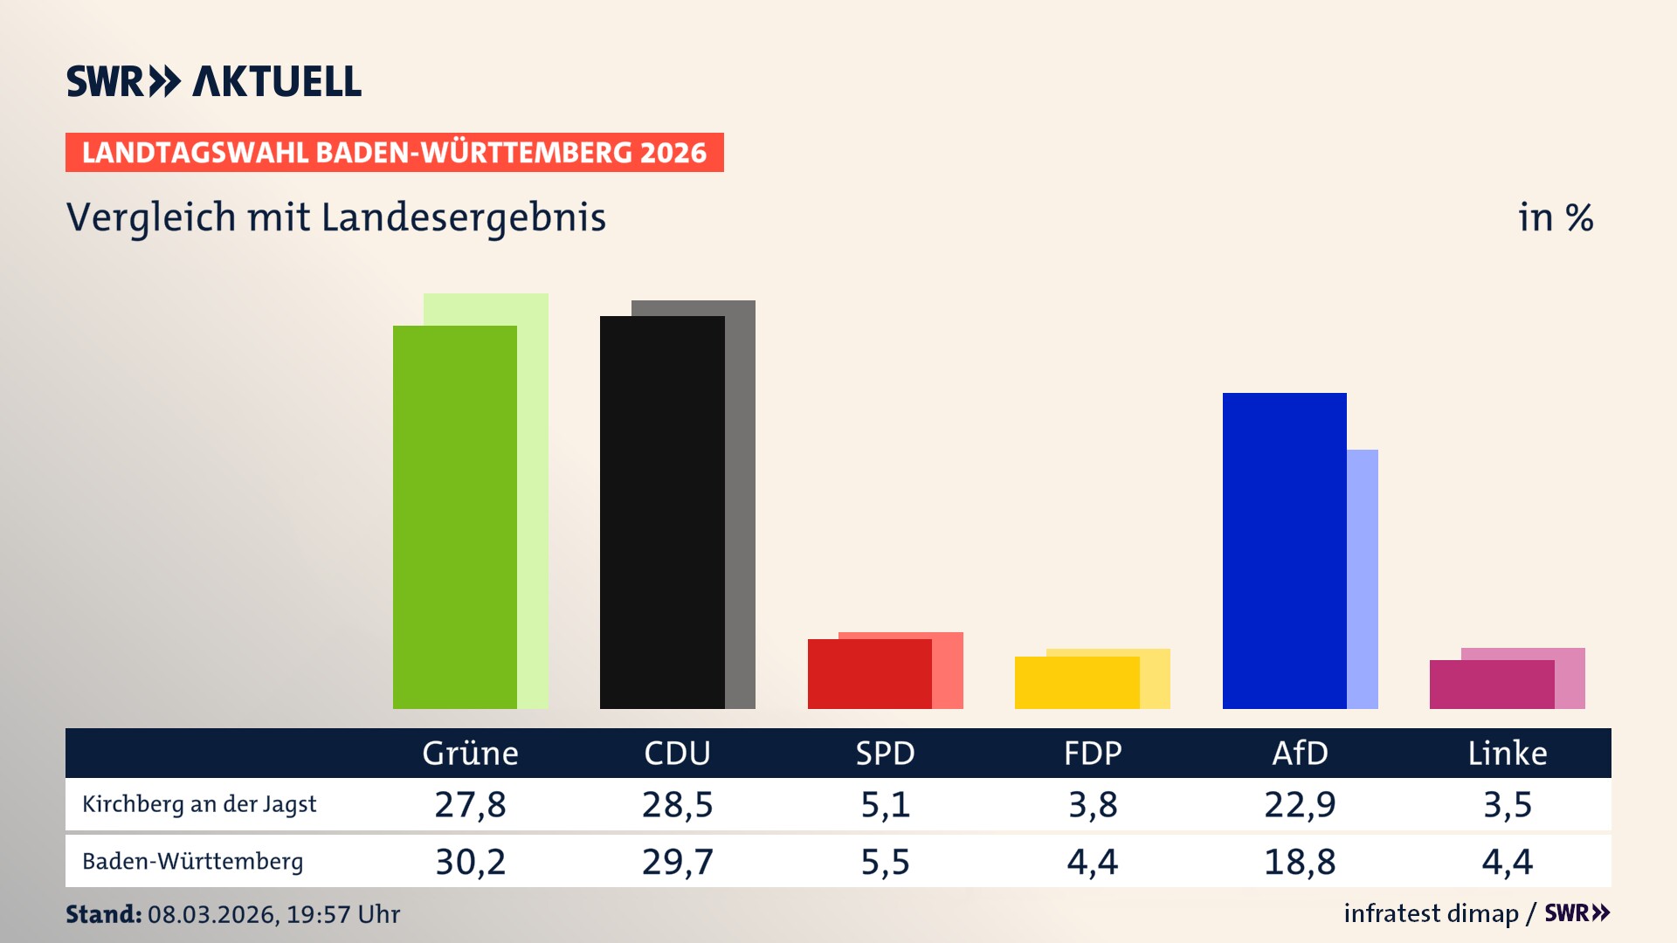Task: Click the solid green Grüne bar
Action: pos(454,517)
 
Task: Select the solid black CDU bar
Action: pos(662,513)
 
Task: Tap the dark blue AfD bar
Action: pos(1284,550)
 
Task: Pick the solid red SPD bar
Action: pos(869,674)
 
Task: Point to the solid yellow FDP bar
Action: pos(1076,683)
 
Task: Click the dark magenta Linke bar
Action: pos(1491,685)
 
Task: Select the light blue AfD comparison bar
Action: pos(1363,578)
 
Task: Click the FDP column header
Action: pos(1092,753)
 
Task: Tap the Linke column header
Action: pos(1507,753)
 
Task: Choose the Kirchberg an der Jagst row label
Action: pos(199,804)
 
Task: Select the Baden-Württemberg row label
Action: pos(192,862)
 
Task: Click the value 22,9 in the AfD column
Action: pos(1300,804)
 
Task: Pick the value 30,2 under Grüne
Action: pos(470,862)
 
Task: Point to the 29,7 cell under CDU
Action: pos(677,862)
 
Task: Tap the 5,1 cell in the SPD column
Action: pos(885,804)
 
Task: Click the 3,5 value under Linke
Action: pos(1507,804)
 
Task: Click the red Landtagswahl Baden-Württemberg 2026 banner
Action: pos(394,153)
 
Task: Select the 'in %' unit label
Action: pos(1556,217)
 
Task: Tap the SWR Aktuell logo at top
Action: pos(214,81)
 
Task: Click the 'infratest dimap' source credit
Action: pos(1431,913)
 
